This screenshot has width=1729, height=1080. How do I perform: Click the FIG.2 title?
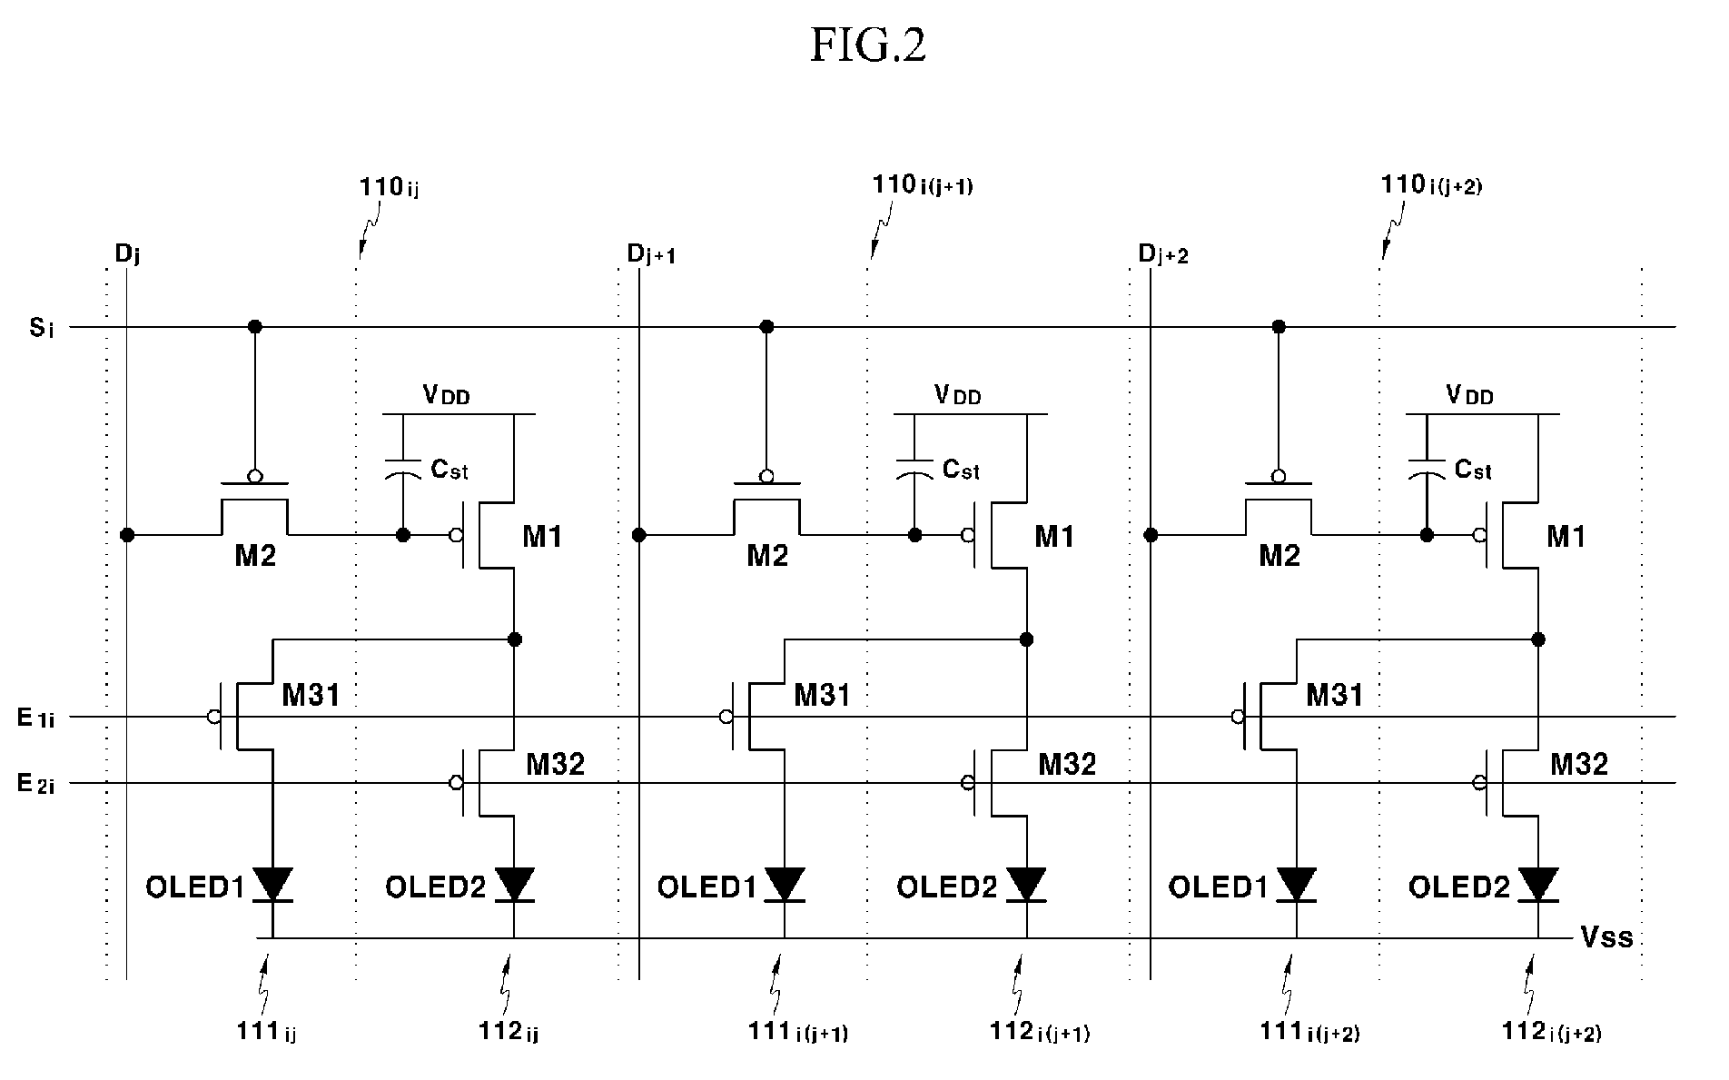pos(867,45)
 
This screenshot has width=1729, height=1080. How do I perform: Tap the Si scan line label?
pos(42,328)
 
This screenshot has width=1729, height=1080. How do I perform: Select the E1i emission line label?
pos(36,718)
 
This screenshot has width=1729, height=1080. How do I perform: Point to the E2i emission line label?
pos(37,784)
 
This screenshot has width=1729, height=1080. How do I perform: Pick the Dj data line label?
pos(127,254)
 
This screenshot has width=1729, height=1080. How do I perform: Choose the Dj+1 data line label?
pos(650,254)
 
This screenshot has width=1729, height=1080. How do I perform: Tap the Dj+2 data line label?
pos(1163,254)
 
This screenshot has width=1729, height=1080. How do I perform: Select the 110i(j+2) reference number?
pos(1432,186)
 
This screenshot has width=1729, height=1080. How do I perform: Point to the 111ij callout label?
pos(267,1032)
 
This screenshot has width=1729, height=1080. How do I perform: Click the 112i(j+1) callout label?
pos(1040,1032)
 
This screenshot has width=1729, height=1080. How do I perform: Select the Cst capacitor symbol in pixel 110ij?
pos(403,469)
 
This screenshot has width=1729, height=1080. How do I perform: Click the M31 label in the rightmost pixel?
pos(1334,696)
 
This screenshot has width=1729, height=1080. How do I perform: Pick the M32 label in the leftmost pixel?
pos(556,765)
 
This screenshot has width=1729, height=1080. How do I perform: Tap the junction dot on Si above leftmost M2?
pos(255,326)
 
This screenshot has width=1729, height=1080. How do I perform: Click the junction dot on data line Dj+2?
pos(1151,535)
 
